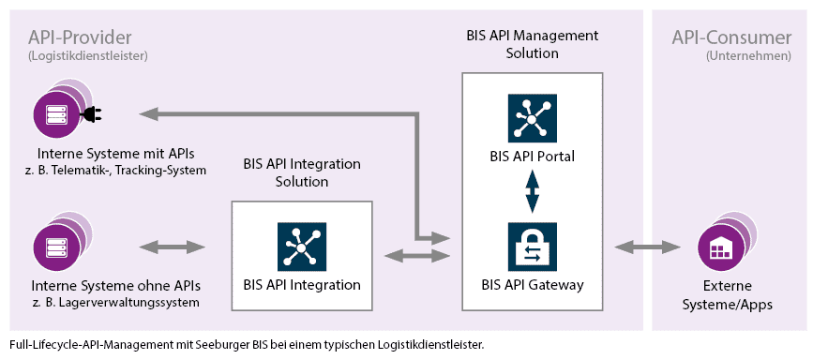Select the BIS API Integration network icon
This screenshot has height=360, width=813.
[302, 247]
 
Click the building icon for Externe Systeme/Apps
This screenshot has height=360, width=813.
[721, 248]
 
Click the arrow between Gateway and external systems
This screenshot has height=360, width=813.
[646, 247]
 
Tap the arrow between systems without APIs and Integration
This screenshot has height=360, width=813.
[172, 247]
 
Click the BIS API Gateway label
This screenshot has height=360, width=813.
[532, 285]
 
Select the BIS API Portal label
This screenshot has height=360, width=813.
[532, 156]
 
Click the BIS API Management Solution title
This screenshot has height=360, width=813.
[532, 44]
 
